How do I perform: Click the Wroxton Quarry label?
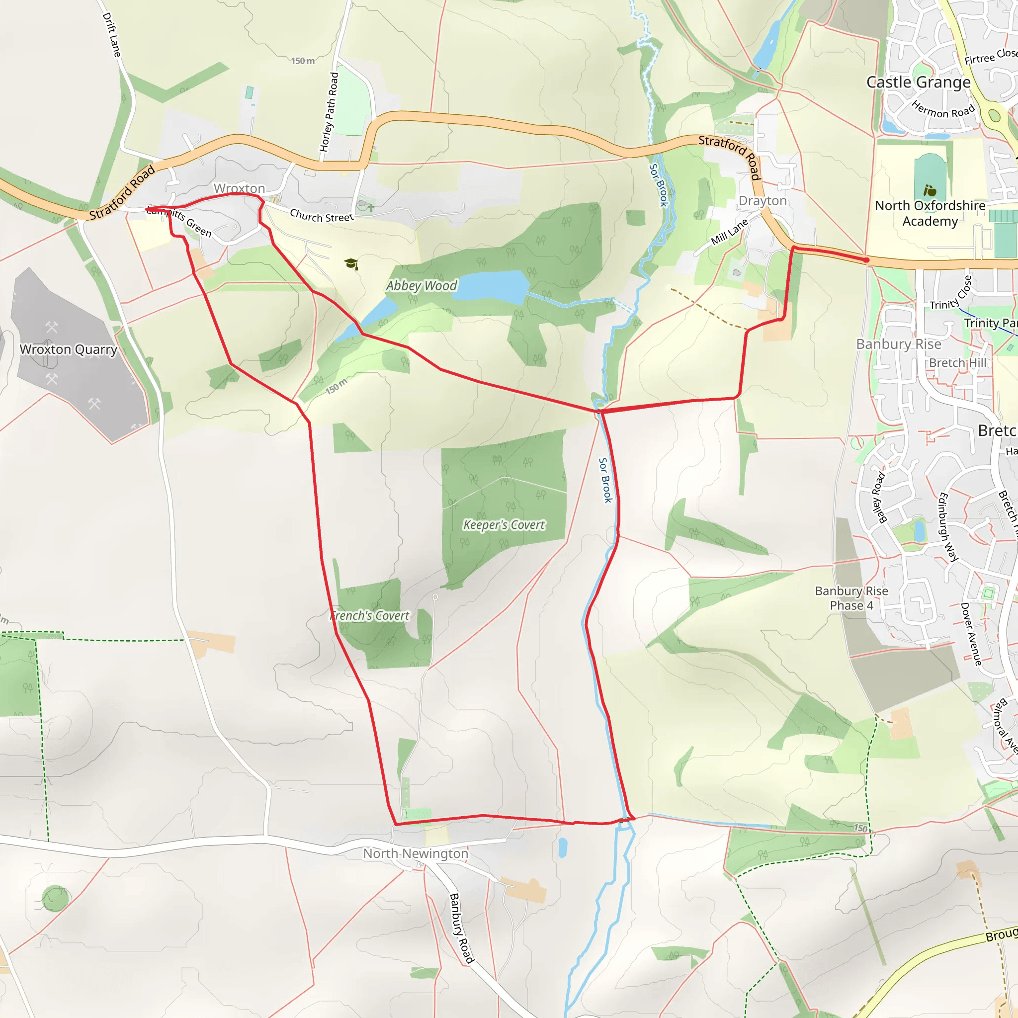coord(69,349)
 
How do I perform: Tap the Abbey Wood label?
coord(422,286)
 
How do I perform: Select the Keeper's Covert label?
coord(504,525)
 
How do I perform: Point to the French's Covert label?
coord(370,615)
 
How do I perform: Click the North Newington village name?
coord(415,853)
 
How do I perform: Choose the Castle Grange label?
coord(919,82)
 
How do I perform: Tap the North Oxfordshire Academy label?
coord(930,213)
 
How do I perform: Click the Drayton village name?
coord(763,201)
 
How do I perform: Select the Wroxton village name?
coord(239,188)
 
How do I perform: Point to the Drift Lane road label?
coord(112,35)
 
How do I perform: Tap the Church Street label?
coord(322,216)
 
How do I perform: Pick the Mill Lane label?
coord(729,232)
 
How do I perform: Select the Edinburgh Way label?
coord(948,527)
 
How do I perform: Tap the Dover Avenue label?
coord(971,634)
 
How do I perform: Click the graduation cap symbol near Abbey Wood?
coord(351,263)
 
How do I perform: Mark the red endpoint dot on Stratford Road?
coord(866,260)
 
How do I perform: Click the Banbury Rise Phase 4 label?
coord(851,598)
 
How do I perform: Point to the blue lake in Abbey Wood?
coord(490,286)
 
